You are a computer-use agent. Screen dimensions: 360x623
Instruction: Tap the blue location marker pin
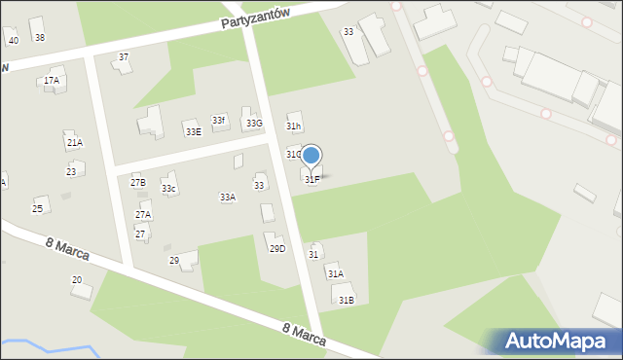[311, 156]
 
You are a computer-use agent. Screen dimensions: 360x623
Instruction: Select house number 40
[13, 41]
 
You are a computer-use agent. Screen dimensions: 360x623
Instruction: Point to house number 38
[39, 38]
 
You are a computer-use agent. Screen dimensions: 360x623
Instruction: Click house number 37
[124, 57]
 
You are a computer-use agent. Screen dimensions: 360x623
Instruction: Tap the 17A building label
[52, 81]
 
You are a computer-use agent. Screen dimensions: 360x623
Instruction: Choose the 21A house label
[74, 142]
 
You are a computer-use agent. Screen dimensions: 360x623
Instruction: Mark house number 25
[38, 208]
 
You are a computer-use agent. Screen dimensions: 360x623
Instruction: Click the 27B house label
[137, 182]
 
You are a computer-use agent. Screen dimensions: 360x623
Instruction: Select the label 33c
[168, 188]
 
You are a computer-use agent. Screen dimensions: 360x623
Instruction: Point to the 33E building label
[193, 131]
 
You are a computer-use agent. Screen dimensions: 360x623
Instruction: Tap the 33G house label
[253, 124]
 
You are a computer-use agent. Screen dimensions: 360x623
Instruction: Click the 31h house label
[293, 126]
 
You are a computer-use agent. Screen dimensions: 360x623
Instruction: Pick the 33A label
[227, 197]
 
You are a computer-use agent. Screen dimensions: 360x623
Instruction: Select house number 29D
[277, 248]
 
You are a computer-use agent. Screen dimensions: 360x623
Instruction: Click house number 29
[175, 260]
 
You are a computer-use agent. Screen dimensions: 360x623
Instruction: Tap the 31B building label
[346, 300]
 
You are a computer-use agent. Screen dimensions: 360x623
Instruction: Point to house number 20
[77, 280]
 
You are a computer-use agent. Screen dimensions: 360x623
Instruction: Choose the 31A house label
[335, 274]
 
